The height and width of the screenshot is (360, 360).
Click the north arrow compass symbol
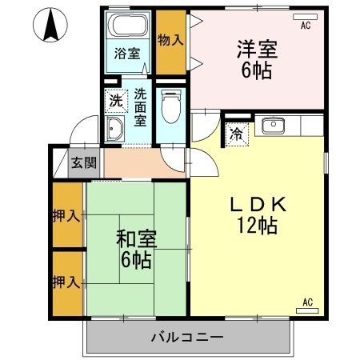(x=50, y=26)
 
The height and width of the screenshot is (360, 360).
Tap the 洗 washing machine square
(x=116, y=102)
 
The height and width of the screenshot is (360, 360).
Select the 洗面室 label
(x=139, y=107)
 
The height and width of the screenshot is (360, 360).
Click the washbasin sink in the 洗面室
(x=115, y=130)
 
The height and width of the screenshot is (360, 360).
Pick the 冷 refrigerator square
(x=238, y=133)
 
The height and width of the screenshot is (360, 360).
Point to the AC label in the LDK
(x=308, y=302)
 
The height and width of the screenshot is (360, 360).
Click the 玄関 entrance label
(x=84, y=162)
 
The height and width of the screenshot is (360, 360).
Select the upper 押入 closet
(x=67, y=216)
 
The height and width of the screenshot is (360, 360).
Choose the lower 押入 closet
(x=67, y=282)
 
